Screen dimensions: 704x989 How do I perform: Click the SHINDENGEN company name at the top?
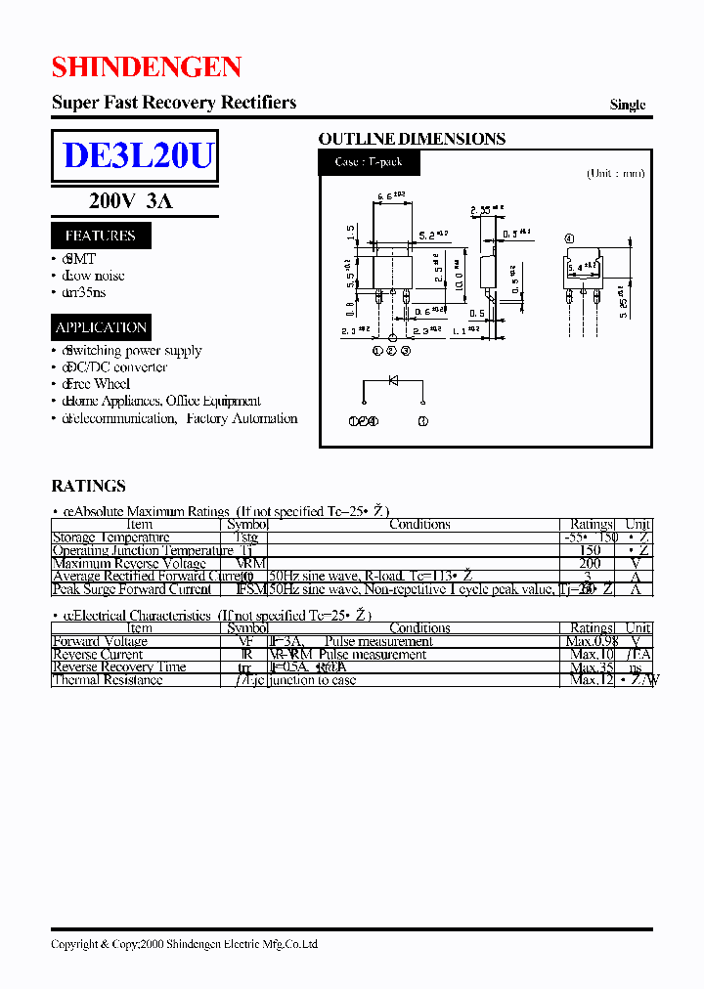tap(147, 66)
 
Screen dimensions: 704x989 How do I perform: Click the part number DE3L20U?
tap(137, 156)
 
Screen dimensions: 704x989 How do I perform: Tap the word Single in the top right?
tap(627, 106)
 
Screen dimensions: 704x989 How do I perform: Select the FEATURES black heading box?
tap(100, 236)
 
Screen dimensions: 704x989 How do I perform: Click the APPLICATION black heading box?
tap(101, 327)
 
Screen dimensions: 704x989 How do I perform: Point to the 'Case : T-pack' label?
tap(362, 162)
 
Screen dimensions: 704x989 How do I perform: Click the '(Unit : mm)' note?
tap(615, 174)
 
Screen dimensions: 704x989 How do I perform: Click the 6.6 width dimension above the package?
tap(388, 196)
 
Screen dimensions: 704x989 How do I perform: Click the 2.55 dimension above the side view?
tap(484, 209)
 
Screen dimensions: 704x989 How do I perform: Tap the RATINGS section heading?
tap(88, 486)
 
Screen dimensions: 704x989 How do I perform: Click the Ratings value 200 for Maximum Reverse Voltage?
tap(590, 564)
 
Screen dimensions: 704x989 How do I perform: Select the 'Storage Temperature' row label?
tap(110, 537)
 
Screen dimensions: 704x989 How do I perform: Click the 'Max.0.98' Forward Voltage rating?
tap(592, 642)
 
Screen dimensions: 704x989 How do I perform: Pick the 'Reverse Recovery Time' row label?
tap(118, 667)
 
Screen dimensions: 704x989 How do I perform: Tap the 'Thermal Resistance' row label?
tap(108, 680)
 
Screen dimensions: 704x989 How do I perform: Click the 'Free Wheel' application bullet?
tap(97, 384)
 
